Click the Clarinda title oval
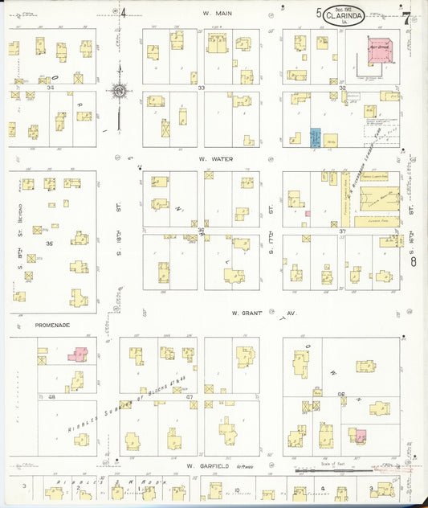tap(344, 14)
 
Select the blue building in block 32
tap(316, 137)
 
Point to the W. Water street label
tap(218, 159)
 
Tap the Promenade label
tap(53, 326)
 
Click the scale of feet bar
tap(321, 469)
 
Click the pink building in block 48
tap(80, 354)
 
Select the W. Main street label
tap(217, 13)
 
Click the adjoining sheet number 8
tap(414, 261)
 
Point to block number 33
tap(202, 87)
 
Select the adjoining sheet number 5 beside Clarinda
tap(318, 13)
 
